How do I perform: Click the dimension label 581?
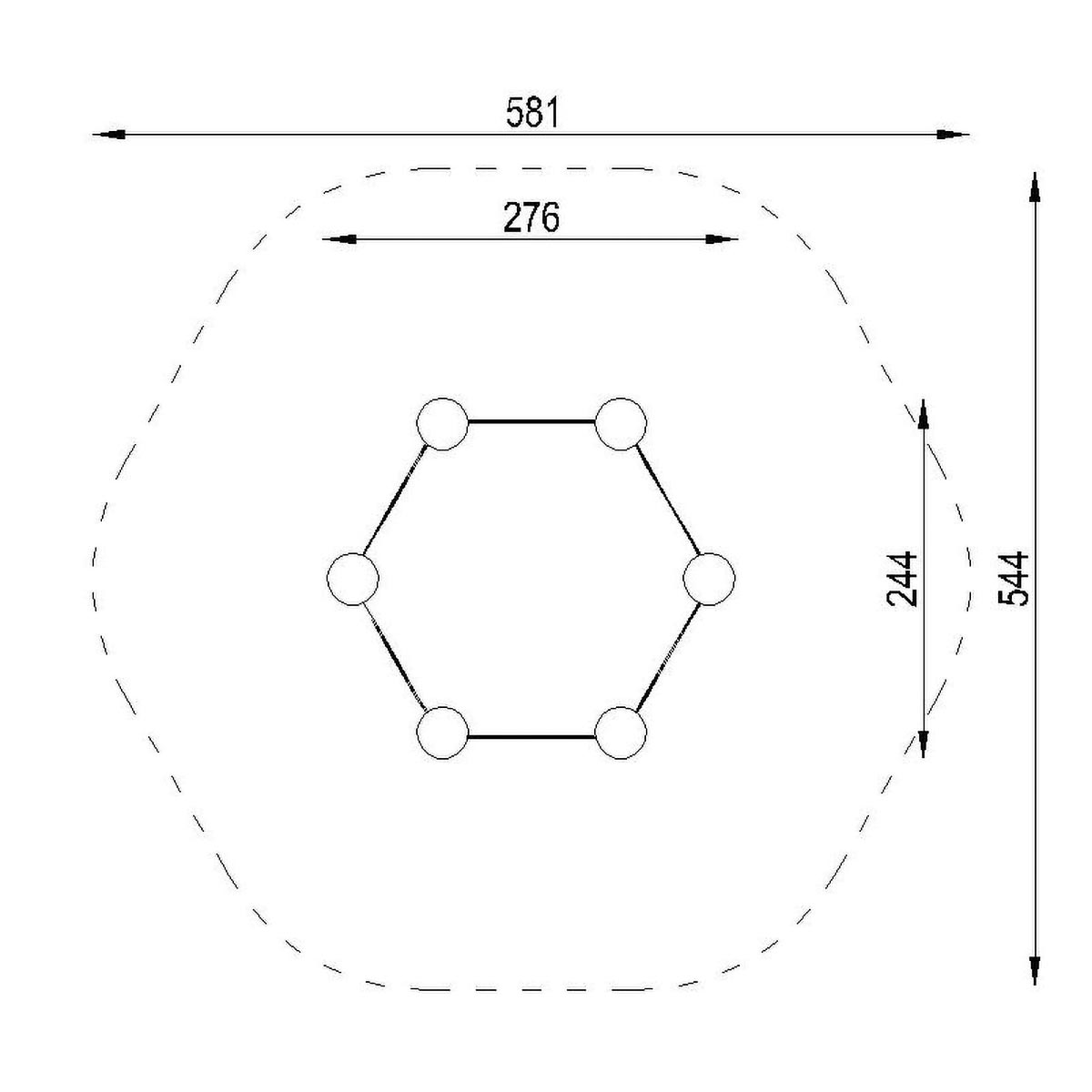532,112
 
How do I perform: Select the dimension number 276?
531,217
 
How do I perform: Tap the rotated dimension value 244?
902,579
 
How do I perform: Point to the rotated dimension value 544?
1013,579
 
